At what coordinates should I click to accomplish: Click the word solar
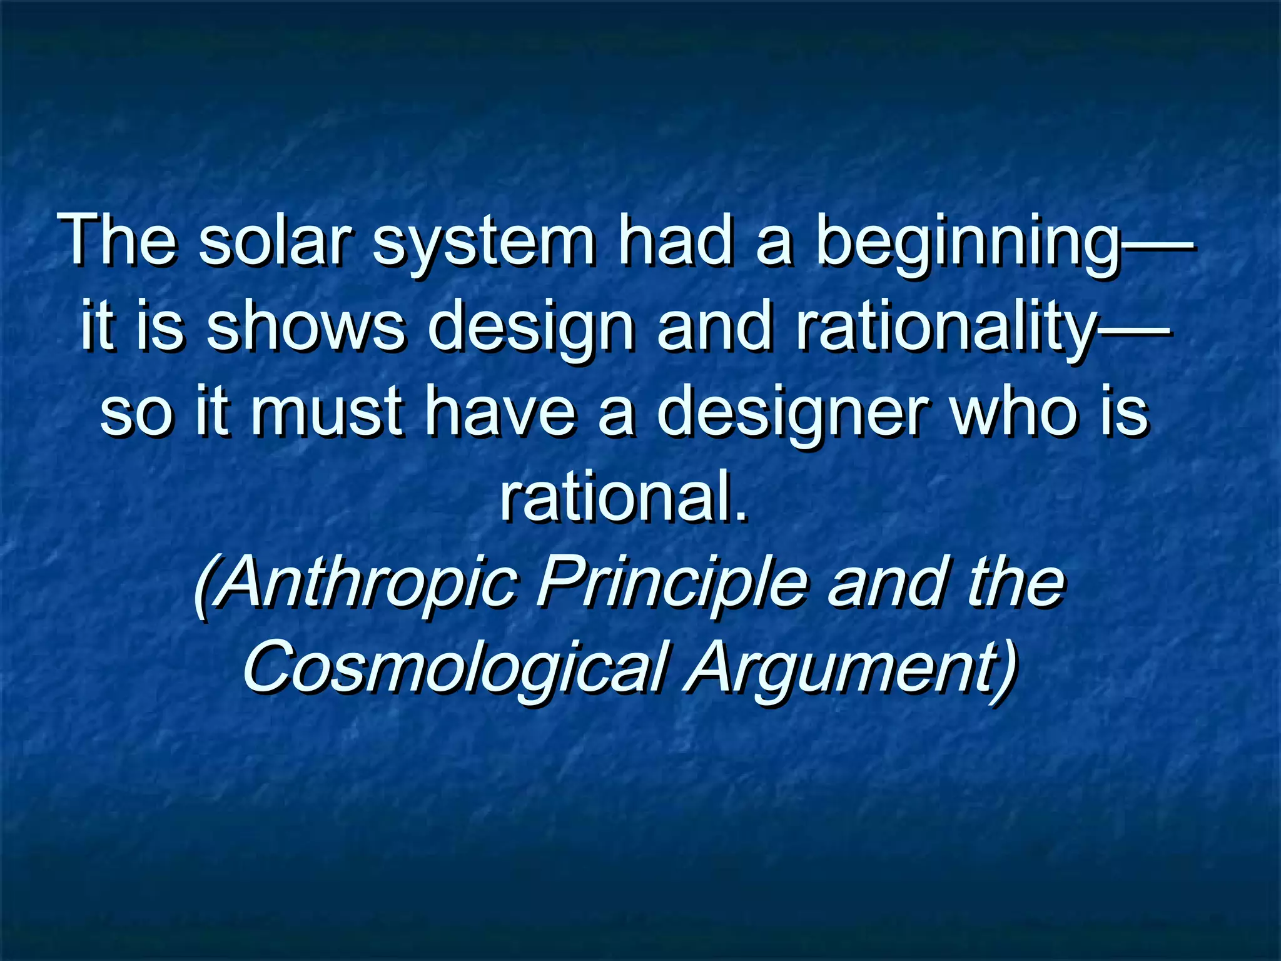275,241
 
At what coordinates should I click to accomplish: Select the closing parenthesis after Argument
1005,669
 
